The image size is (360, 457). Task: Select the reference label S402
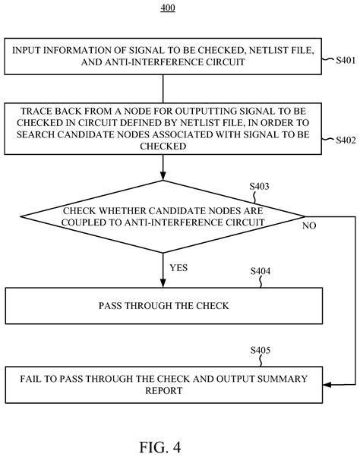[x=342, y=140]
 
